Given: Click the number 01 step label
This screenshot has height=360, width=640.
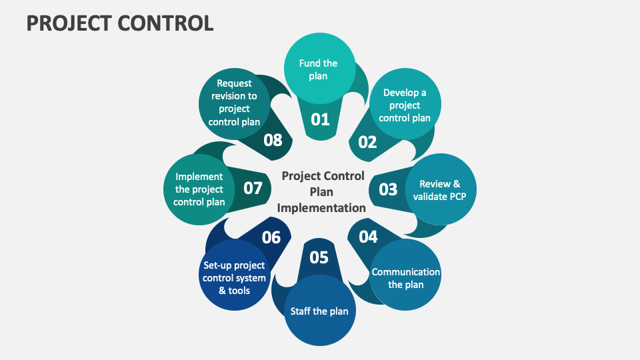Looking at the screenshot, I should [321, 119].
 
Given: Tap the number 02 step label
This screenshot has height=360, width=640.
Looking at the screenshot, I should [367, 141].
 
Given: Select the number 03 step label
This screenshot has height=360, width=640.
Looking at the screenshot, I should [388, 189].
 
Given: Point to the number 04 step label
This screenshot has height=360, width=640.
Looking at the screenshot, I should [368, 237].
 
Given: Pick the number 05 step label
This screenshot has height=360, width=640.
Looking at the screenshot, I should [319, 257].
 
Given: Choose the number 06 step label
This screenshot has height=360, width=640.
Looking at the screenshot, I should [271, 237].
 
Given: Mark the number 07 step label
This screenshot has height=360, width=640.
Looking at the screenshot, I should [253, 189].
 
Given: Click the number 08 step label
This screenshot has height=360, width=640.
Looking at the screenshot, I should [273, 140].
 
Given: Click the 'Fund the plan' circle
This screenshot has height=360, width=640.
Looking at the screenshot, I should [318, 70].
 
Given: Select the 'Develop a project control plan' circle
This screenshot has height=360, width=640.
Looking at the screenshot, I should [405, 105].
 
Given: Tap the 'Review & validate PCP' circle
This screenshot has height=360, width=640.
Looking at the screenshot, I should [436, 190].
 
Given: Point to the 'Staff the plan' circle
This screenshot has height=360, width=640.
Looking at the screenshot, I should [319, 311].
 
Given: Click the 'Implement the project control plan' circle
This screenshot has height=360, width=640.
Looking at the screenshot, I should [199, 189].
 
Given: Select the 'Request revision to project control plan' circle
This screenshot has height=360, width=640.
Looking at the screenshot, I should [234, 103].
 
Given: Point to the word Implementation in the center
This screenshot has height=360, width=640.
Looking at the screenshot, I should [322, 207].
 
